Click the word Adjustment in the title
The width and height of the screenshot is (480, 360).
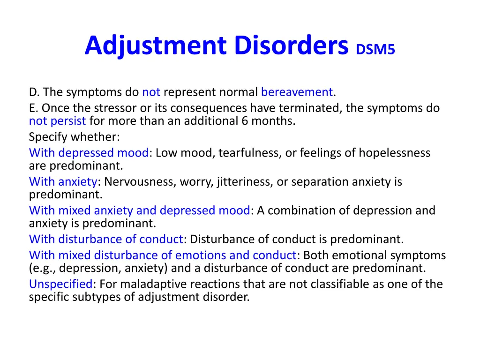coord(157,46)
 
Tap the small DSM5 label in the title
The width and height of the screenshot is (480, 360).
coord(375,49)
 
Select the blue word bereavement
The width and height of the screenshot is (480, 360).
coord(297,92)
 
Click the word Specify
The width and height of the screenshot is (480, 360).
coord(47,137)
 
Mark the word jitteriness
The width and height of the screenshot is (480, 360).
coord(244,181)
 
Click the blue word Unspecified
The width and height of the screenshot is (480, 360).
coord(61,284)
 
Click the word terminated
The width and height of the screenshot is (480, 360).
coord(310,108)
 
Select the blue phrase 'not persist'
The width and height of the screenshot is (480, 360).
coord(57,121)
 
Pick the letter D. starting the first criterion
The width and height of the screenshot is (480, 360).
coord(33,92)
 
